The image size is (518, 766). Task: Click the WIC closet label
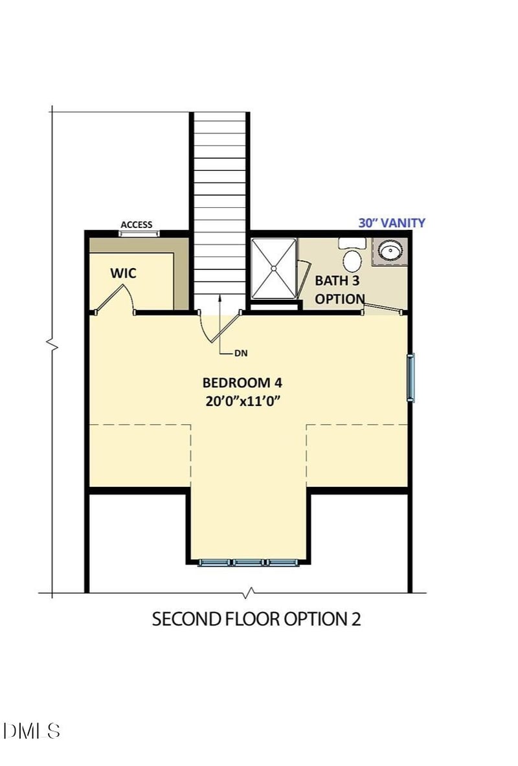point(123,273)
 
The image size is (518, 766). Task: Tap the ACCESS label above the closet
point(137,225)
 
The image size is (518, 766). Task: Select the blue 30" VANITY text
point(392,223)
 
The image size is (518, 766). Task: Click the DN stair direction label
point(241,354)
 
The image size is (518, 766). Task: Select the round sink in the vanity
point(390,250)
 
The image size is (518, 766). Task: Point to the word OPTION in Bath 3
point(339,299)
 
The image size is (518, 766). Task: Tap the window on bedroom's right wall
point(411,377)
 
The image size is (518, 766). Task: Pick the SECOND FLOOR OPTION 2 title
point(256,619)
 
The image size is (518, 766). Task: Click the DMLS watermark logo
point(32,731)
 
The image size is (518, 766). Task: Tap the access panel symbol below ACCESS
point(140,233)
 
